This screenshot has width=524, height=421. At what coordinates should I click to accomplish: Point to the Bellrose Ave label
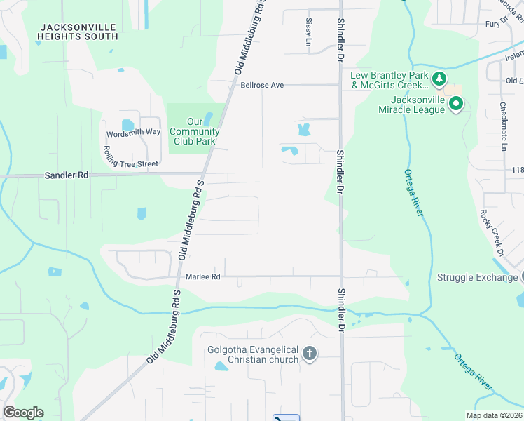point(261,85)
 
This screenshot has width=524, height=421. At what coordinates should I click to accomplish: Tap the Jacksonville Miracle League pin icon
point(455,105)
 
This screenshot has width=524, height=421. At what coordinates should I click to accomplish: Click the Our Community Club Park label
point(195,131)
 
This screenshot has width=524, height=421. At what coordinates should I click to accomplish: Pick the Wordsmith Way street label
point(133,133)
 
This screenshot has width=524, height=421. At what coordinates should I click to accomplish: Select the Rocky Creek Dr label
point(491,232)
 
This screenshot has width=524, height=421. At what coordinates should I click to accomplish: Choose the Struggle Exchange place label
point(476,277)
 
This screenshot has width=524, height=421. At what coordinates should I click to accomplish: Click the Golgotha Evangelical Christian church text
point(253,354)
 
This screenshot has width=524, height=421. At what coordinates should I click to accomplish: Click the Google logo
point(23,413)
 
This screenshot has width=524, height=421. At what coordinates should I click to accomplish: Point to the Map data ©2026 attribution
point(494,415)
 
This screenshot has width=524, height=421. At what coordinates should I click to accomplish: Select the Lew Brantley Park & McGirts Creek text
point(390,80)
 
